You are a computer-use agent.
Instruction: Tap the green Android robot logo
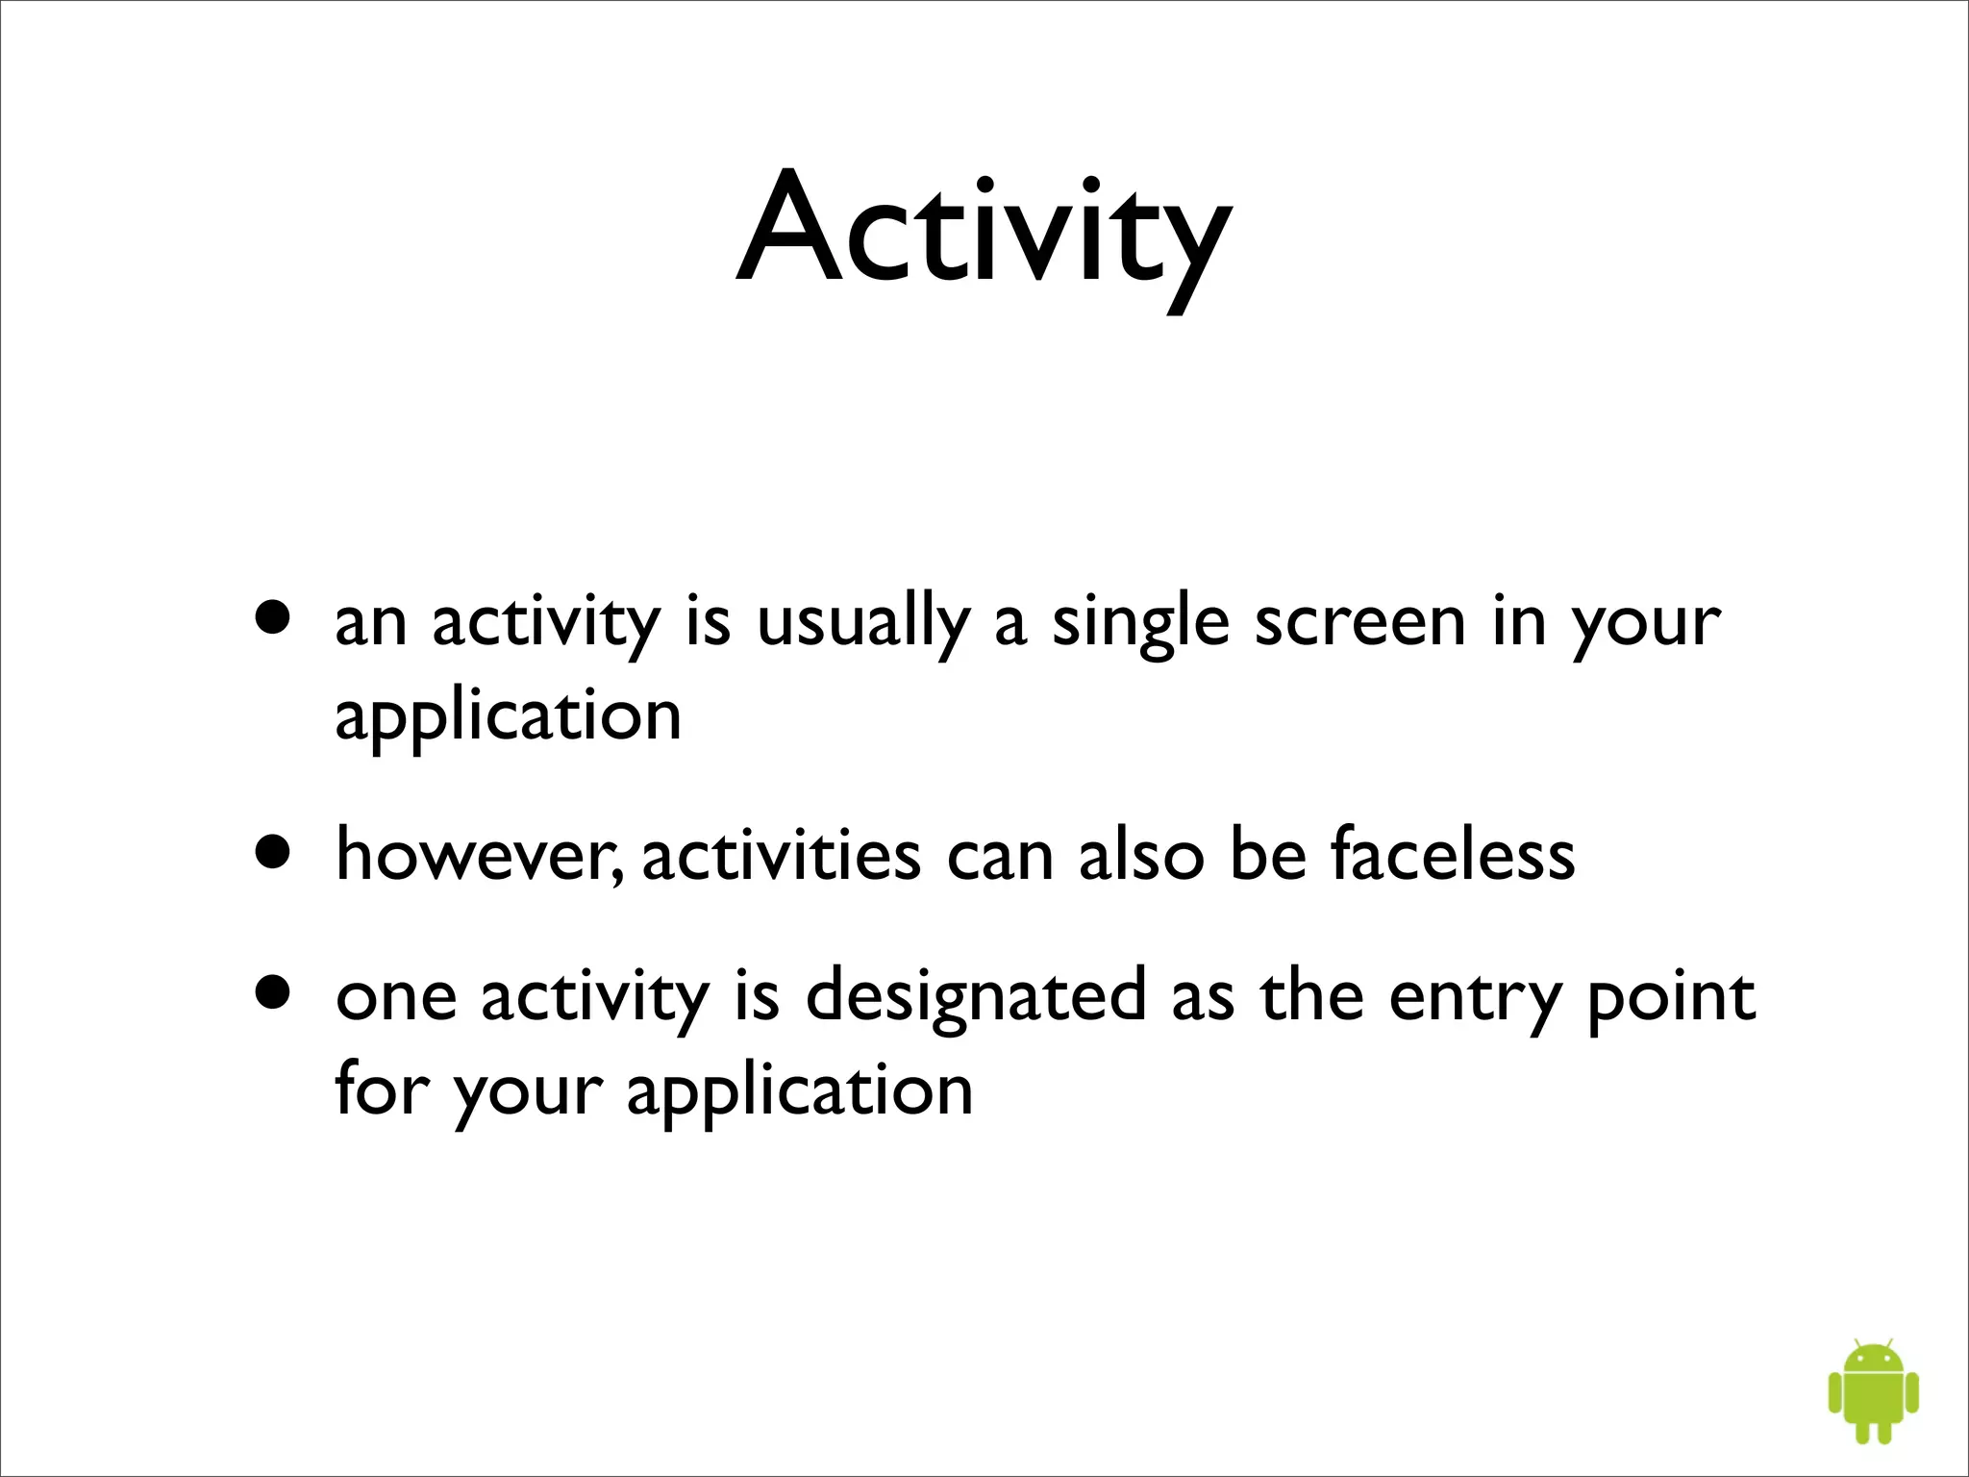(x=1873, y=1389)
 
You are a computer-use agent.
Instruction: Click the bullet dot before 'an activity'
(x=273, y=617)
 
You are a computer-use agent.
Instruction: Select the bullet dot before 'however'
(x=273, y=851)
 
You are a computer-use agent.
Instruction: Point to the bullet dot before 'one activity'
(x=273, y=992)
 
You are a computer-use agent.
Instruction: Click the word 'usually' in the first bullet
(x=862, y=623)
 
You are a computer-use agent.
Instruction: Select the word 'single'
(x=1140, y=623)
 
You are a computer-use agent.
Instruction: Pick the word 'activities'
(x=781, y=855)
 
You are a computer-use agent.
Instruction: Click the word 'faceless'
(x=1453, y=855)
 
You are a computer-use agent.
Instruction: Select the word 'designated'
(x=976, y=998)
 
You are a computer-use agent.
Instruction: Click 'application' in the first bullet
(x=508, y=716)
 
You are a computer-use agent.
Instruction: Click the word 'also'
(x=1140, y=855)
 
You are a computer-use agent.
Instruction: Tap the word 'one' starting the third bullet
(x=395, y=998)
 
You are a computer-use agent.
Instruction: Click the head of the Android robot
(x=1874, y=1359)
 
